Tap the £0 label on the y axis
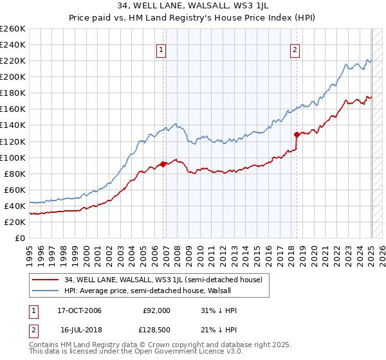coord(21,238)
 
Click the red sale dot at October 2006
coord(163,164)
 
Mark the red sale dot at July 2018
coord(297,134)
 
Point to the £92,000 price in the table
coord(157,310)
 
